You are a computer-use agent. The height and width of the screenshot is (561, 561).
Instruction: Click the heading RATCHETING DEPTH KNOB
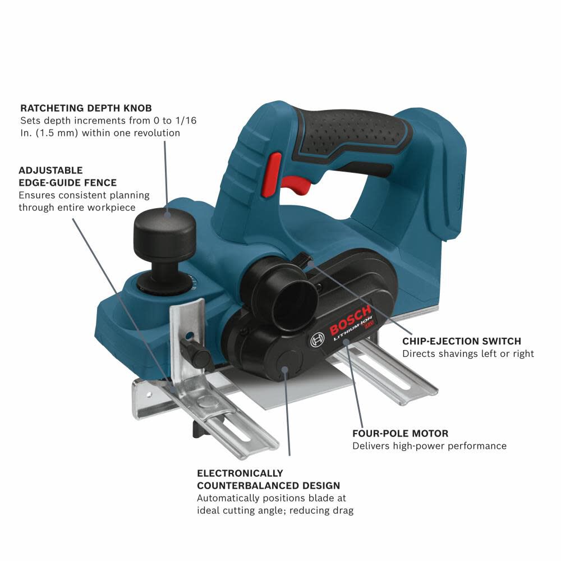[x=85, y=108]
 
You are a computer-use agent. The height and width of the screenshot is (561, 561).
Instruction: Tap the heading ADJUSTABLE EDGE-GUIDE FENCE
[x=67, y=176]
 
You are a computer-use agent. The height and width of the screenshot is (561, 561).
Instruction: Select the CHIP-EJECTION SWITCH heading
[x=461, y=341]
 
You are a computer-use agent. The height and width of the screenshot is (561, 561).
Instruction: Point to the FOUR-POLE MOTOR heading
[x=400, y=434]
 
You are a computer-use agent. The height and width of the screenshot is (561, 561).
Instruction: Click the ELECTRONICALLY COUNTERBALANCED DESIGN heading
[x=268, y=479]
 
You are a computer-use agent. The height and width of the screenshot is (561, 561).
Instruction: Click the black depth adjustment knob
[x=164, y=230]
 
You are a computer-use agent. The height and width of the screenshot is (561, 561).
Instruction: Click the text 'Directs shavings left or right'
[x=468, y=353]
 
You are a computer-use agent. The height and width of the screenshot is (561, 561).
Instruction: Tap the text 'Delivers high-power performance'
[x=429, y=446]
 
